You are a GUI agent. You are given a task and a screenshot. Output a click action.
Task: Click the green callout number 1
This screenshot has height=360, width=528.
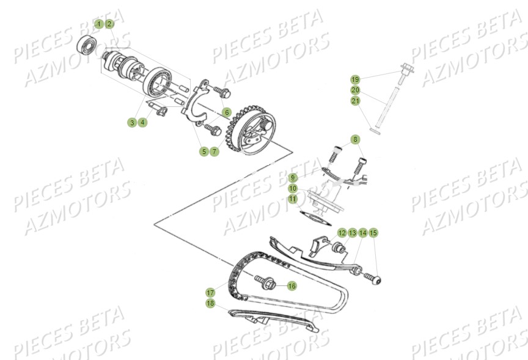pyautogui.click(x=99, y=24)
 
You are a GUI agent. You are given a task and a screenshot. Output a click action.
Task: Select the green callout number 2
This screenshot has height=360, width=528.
pyautogui.click(x=109, y=24)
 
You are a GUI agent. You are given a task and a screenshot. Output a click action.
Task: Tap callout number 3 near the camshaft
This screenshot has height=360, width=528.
pyautogui.click(x=131, y=123)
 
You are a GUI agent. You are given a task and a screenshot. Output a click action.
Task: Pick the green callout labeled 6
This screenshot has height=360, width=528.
pyautogui.click(x=226, y=112)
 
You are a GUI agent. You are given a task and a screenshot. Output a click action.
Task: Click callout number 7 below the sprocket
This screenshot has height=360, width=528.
pyautogui.click(x=215, y=151)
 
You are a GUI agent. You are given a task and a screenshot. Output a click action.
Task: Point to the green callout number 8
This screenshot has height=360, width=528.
pyautogui.click(x=355, y=140)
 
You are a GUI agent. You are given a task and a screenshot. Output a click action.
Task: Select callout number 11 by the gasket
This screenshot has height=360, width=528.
pyautogui.click(x=293, y=199)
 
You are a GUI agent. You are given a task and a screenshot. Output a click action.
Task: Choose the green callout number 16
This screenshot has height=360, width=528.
pyautogui.click(x=291, y=285)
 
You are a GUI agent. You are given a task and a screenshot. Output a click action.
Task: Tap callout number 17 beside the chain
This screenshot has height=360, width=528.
pyautogui.click(x=210, y=292)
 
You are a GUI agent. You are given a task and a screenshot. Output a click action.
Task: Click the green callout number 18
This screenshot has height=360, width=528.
pyautogui.click(x=210, y=303)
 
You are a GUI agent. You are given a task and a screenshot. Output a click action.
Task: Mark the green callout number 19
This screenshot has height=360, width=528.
pyautogui.click(x=355, y=79)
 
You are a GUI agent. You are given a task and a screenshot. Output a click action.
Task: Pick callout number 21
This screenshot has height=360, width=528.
pyautogui.click(x=355, y=101)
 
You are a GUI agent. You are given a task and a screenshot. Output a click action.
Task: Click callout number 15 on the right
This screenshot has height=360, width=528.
pyautogui.click(x=373, y=233)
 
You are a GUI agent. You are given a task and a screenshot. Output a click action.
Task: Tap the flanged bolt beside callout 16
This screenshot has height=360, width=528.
pyautogui.click(x=266, y=283)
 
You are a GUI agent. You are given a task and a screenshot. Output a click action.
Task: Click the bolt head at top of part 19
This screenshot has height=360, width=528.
pyautogui.click(x=405, y=68)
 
